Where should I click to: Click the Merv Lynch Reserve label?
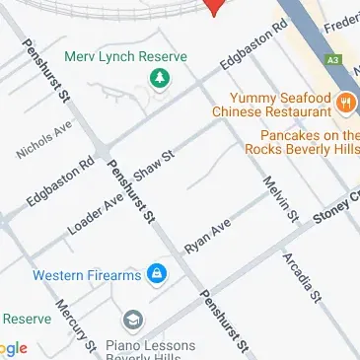(125, 56)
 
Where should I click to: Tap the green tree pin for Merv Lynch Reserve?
(156, 78)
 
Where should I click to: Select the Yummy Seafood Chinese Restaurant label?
(279, 104)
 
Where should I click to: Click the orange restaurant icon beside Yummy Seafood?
(346, 102)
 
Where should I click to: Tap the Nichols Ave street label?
(44, 140)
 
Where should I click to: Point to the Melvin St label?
(279, 198)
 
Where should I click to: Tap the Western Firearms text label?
(87, 275)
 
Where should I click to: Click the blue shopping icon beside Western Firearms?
(156, 273)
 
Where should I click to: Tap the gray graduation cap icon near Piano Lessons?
(132, 321)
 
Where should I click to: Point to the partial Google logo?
(12, 348)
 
